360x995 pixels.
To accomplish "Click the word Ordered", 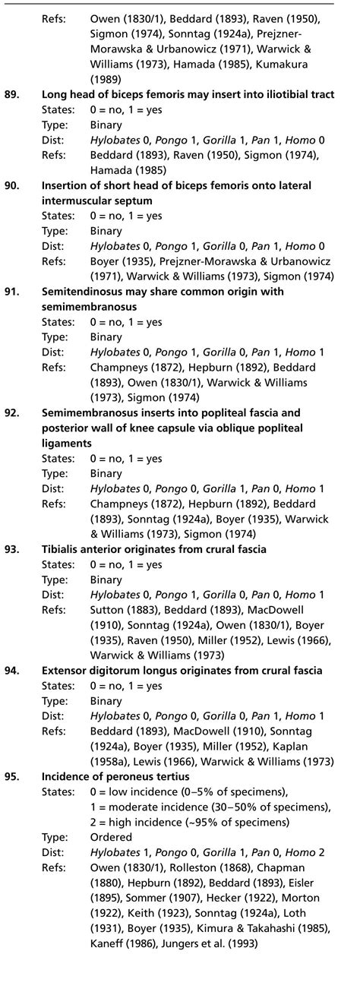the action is pyautogui.click(x=109, y=838).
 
